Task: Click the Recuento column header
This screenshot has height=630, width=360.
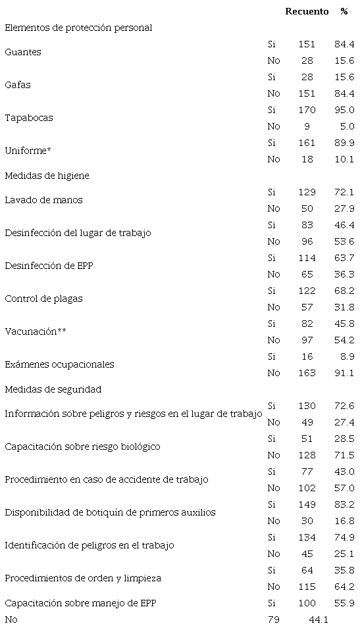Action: pyautogui.click(x=307, y=12)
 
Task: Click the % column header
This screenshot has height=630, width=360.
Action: pyautogui.click(x=344, y=12)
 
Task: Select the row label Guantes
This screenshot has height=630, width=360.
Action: pyautogui.click(x=23, y=53)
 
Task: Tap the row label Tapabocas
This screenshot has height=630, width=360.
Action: pyautogui.click(x=29, y=118)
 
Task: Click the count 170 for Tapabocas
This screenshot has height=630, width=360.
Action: pyautogui.click(x=307, y=110)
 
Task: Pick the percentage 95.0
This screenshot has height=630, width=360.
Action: pyautogui.click(x=344, y=110)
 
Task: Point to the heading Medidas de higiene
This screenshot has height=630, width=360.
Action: pyautogui.click(x=47, y=176)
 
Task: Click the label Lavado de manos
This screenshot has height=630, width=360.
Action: pyautogui.click(x=43, y=201)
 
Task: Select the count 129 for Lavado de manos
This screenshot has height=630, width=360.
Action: pyautogui.click(x=307, y=192)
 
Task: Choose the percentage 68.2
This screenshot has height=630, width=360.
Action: pyautogui.click(x=344, y=291)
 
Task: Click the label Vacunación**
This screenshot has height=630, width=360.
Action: pyautogui.click(x=36, y=332)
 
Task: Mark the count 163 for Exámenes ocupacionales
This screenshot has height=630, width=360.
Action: pyautogui.click(x=307, y=373)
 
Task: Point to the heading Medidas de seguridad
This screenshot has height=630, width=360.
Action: pyautogui.click(x=53, y=389)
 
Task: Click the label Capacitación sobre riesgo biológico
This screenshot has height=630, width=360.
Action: pyautogui.click(x=82, y=447)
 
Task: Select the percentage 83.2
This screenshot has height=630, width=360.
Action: pyautogui.click(x=344, y=504)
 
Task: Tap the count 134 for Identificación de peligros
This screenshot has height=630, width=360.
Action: pyautogui.click(x=307, y=537)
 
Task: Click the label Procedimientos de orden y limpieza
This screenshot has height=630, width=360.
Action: pyautogui.click(x=83, y=579)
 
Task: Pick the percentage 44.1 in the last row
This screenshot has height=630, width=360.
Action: pyautogui.click(x=319, y=619)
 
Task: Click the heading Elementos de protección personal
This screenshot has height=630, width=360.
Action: pyautogui.click(x=78, y=28)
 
